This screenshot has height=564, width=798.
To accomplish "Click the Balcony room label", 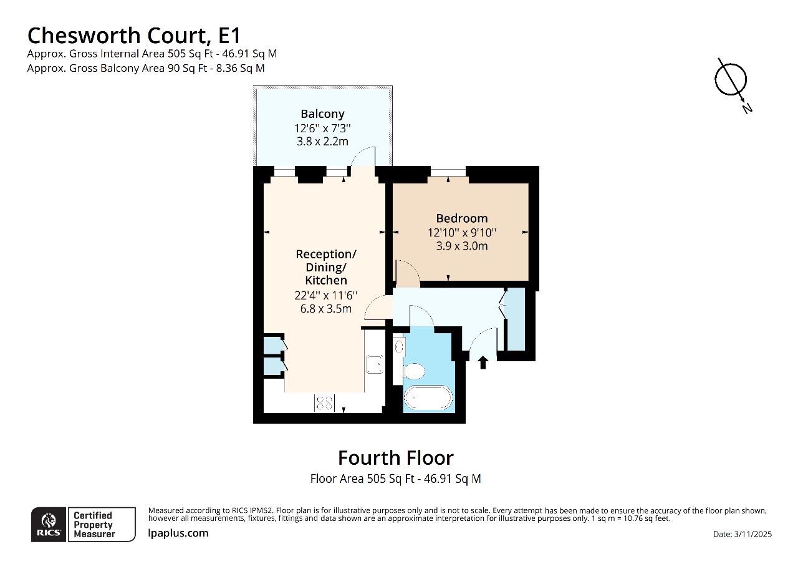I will [322, 114].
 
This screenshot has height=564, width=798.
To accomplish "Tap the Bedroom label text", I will [461, 218].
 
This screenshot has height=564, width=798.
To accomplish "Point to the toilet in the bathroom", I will [413, 372].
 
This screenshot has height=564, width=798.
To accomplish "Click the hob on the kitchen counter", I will [324, 403].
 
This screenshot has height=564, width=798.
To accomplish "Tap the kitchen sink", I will [374, 364].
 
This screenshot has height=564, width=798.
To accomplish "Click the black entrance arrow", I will [483, 362].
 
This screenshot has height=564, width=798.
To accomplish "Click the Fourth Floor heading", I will [395, 458].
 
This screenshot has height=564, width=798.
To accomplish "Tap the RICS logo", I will [49, 525].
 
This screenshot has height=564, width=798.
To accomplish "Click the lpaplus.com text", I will [178, 533].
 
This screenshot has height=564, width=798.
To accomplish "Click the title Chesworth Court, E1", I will [134, 34].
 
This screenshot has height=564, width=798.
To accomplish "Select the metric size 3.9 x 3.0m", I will [461, 246].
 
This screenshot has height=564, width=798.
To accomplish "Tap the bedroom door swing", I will [407, 273].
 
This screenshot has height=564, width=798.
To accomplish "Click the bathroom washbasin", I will [399, 348].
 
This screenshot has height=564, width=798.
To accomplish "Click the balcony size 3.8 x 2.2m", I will [322, 141].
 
